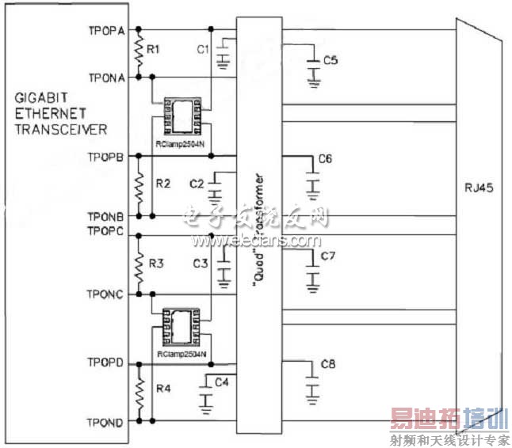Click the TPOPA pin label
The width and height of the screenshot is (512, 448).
click(x=106, y=31)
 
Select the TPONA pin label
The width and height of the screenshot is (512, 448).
click(x=106, y=78)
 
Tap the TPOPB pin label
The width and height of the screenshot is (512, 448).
click(x=106, y=157)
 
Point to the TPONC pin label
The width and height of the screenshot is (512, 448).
click(x=106, y=294)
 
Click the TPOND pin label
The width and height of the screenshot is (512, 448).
click(x=106, y=423)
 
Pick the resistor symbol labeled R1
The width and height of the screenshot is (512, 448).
click(x=139, y=54)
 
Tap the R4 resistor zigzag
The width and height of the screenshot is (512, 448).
click(x=139, y=393)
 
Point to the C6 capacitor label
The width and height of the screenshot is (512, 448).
click(x=325, y=159)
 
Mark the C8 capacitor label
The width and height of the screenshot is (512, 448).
click(x=328, y=365)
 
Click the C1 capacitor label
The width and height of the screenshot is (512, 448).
click(x=202, y=48)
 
